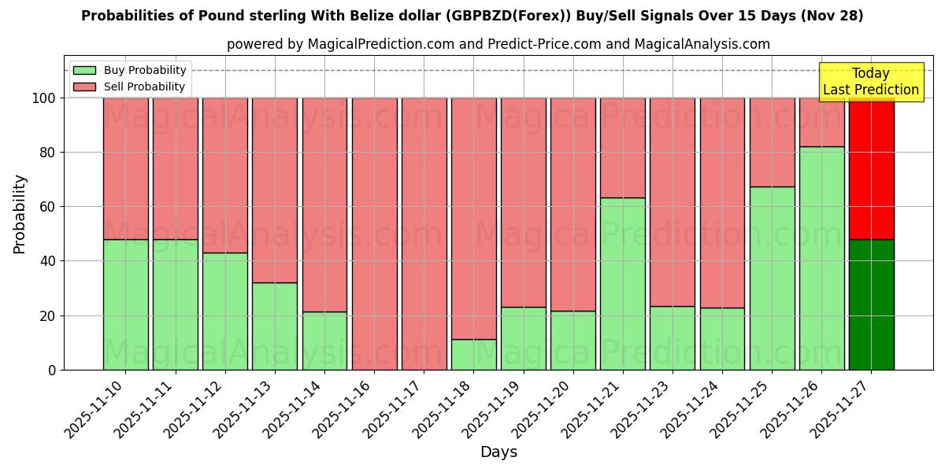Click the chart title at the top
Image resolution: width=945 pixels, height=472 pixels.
point(472,16)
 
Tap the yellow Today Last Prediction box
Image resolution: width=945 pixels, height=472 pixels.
point(870,82)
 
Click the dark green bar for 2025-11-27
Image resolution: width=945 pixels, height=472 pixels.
point(871,304)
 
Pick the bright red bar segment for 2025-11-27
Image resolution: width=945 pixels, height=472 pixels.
point(871,168)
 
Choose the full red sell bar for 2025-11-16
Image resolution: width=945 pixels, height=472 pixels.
point(374,234)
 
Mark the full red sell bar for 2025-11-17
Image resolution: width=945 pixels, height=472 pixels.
point(424,234)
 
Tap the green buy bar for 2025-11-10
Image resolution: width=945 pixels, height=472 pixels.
point(125,304)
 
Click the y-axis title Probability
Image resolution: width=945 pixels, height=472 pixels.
point(20,213)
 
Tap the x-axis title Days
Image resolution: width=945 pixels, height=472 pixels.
point(498,452)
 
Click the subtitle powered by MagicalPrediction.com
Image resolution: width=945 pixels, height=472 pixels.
point(498,44)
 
